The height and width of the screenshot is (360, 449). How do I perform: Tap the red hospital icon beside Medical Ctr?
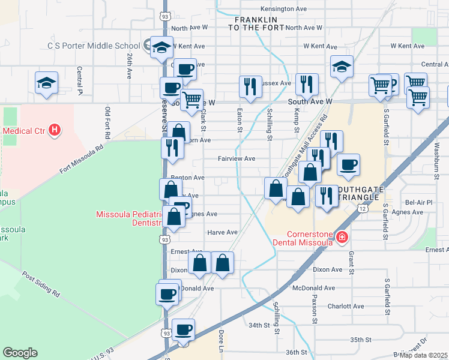click(x=55, y=129)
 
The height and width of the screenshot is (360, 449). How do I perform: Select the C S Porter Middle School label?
click(x=94, y=46)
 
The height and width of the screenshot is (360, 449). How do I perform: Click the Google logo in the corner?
click(x=20, y=353)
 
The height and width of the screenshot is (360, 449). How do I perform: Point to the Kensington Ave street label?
click(x=284, y=9)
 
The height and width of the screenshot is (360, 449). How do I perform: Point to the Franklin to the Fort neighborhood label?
click(x=255, y=23)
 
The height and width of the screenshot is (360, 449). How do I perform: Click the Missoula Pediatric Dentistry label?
click(x=129, y=218)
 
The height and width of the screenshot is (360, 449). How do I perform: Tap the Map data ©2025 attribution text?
click(x=424, y=355)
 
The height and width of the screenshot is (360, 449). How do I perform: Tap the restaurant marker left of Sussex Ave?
click(x=250, y=87)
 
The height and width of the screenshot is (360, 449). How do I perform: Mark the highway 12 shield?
click(x=363, y=208)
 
